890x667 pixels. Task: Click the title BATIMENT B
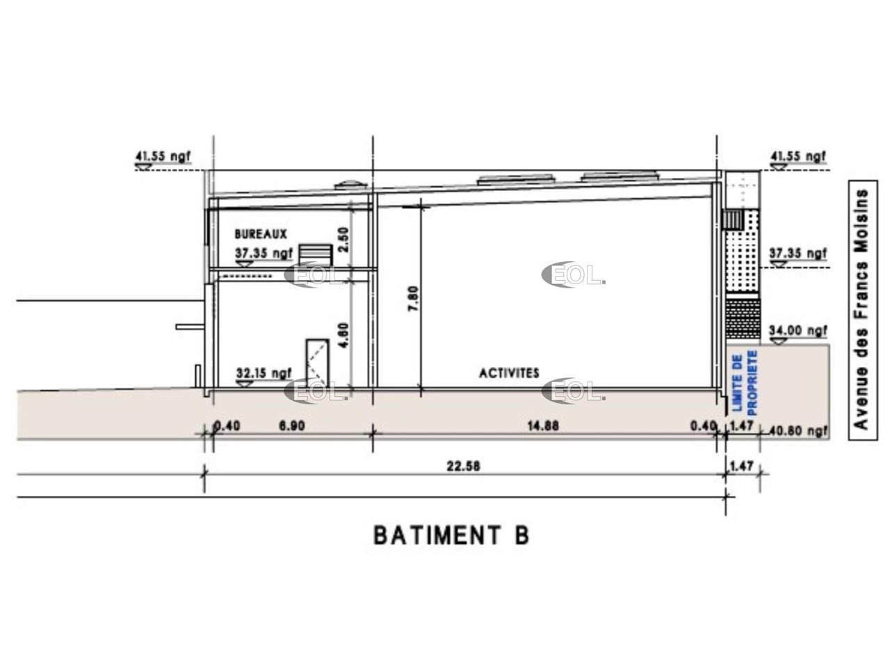(451, 536)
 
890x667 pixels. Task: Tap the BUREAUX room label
(261, 235)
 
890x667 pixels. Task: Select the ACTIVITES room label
(509, 373)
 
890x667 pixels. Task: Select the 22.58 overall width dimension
(463, 467)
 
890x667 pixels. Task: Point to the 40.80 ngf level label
(800, 431)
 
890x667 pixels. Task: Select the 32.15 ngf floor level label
(264, 374)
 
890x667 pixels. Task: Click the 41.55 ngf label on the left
(163, 157)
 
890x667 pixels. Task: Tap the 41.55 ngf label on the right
(798, 157)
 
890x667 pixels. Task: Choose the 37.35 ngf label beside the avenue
(798, 254)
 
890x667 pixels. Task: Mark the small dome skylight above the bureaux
(347, 186)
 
